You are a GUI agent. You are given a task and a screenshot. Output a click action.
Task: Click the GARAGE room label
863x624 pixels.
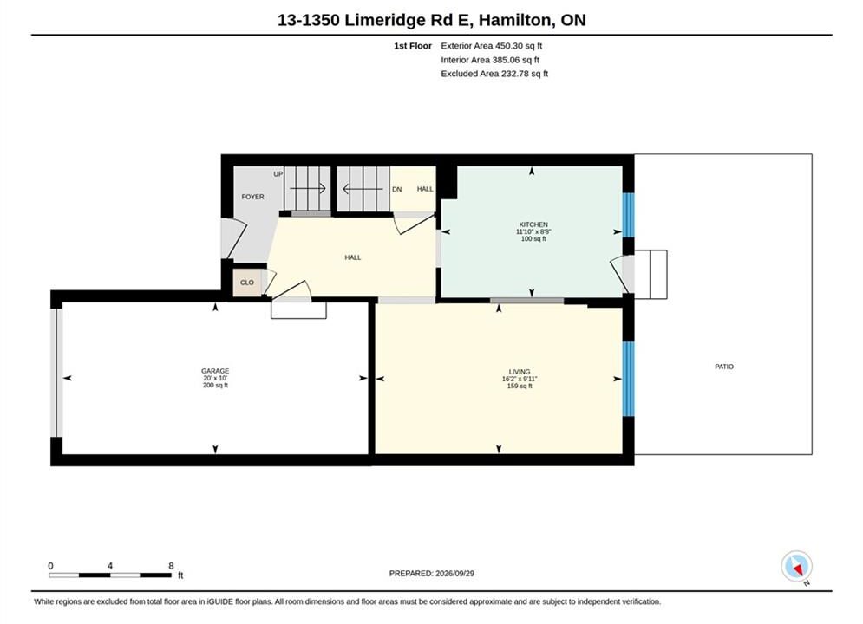coord(215,371)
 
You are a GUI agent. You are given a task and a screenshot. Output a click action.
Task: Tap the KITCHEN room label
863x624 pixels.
coord(533,224)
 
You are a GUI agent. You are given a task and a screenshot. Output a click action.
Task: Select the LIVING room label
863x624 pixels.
coord(520,372)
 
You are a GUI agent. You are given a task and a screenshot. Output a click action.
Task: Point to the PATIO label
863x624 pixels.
coord(724,367)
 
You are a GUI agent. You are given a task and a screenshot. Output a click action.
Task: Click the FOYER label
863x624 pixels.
coord(252,197)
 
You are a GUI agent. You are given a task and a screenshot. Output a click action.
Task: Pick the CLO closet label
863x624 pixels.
coord(247,283)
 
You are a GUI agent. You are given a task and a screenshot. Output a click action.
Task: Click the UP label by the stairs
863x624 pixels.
coord(278,174)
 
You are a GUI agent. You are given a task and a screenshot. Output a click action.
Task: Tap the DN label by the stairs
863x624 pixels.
coord(397,189)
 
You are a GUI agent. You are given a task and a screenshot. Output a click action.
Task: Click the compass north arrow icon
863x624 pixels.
coord(796,566)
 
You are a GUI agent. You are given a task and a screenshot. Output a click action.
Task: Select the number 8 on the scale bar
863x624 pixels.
coord(171,566)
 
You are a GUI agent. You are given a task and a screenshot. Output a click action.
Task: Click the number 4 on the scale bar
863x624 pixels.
coord(110,566)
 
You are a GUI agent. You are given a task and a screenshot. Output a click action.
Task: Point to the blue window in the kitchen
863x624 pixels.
coord(628,215)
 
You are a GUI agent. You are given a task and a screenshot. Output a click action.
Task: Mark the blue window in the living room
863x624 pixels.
coord(628,379)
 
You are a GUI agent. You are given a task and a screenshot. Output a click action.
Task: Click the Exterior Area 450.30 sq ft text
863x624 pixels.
coord(492,46)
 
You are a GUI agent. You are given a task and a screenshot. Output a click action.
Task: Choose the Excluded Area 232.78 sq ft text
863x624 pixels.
coord(494,73)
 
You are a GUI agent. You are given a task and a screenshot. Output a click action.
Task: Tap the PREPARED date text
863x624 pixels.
coord(432,573)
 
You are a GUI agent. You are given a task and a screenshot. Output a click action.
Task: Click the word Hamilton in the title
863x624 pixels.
coord(514,20)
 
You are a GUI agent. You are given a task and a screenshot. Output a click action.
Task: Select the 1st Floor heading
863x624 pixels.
coord(413,46)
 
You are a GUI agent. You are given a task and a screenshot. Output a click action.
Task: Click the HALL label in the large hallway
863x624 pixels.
coord(353,257)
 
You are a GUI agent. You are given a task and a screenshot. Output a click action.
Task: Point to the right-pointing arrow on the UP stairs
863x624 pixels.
coord(308,189)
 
